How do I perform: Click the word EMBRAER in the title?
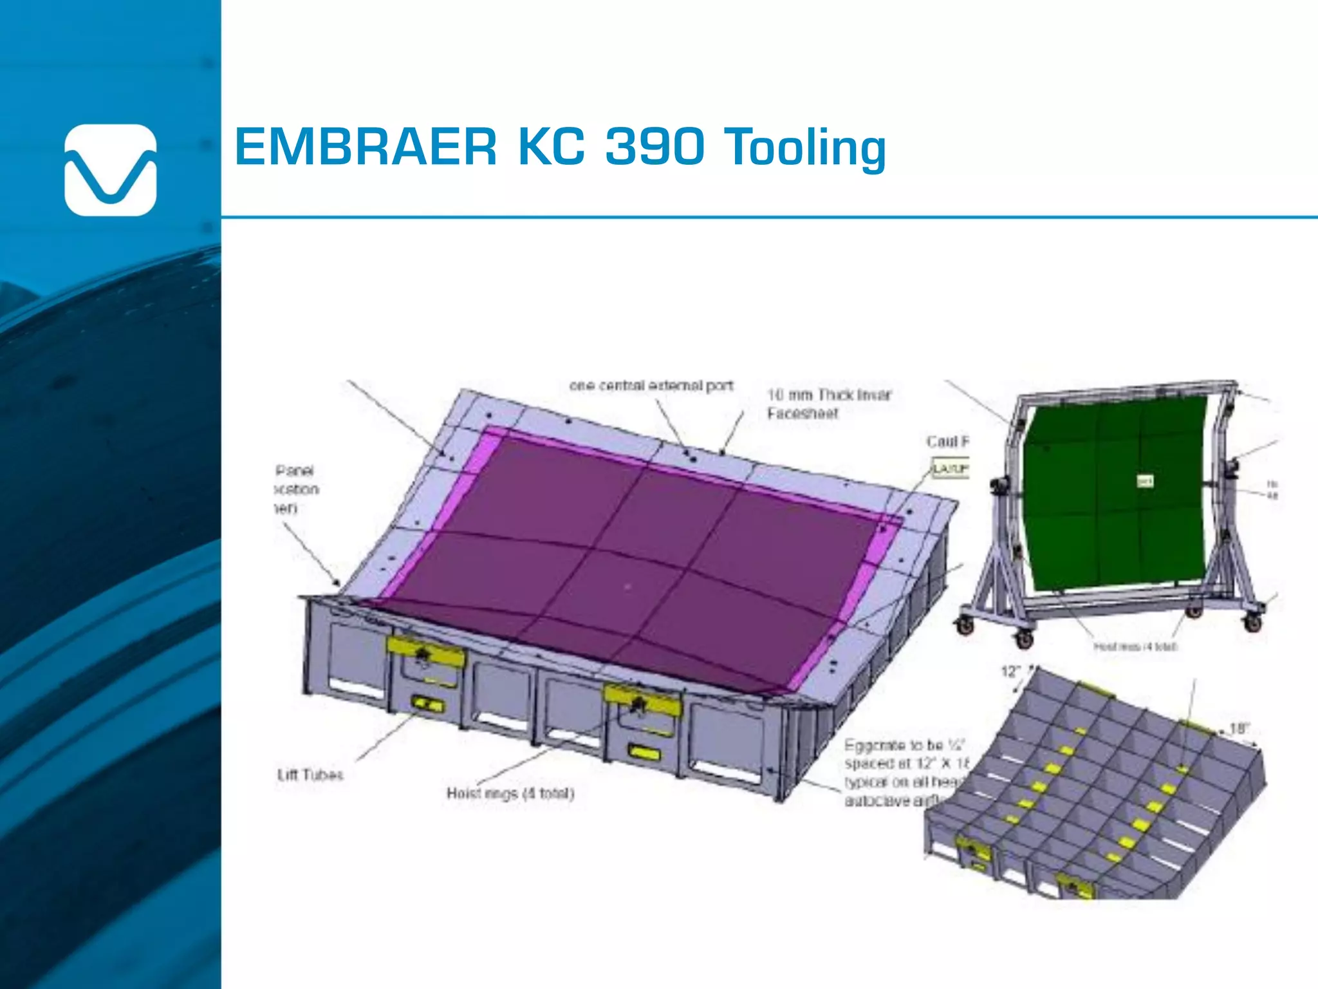tap(366, 147)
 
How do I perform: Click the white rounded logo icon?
tap(110, 170)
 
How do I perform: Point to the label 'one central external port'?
tap(651, 386)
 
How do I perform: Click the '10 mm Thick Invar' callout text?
tap(829, 395)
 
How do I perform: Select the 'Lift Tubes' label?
tap(310, 775)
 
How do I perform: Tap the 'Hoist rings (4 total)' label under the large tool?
tap(510, 793)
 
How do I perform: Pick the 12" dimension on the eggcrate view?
tap(1010, 672)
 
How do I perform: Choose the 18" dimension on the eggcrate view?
tap(1238, 729)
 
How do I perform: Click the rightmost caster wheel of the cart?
tap(1252, 623)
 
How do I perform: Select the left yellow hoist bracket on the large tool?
tap(425, 652)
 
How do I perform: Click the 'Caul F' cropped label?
tap(947, 442)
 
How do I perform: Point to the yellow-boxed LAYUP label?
tap(950, 468)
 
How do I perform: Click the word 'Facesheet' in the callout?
tap(803, 413)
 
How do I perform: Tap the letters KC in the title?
tap(551, 147)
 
